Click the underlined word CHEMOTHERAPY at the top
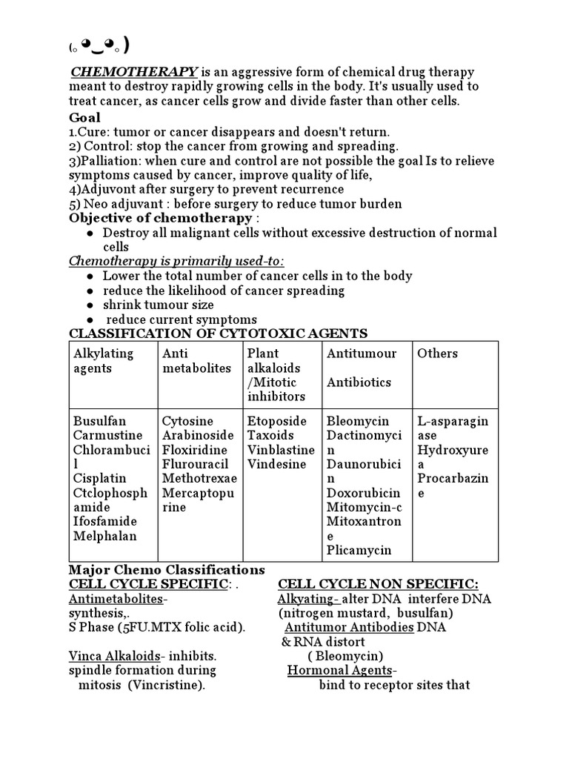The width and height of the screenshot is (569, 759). tap(134, 72)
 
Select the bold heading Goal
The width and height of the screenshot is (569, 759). tap(84, 117)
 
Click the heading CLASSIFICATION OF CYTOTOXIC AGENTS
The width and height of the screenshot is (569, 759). tap(219, 334)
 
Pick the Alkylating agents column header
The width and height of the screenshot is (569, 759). tap(103, 360)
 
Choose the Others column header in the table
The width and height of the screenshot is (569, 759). tap(437, 354)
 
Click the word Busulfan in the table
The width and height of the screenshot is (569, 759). tap(99, 421)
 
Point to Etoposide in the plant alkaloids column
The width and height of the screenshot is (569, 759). tap(276, 421)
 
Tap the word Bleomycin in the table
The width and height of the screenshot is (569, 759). tap(358, 421)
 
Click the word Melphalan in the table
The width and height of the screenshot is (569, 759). tap(104, 536)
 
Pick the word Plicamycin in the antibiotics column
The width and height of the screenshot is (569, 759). tap(359, 551)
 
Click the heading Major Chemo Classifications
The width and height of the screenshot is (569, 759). tap(167, 570)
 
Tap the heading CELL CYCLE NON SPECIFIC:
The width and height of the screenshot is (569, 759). tap(378, 584)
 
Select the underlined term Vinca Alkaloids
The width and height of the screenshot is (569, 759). tap(114, 656)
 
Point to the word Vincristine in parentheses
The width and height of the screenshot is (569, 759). tap(164, 685)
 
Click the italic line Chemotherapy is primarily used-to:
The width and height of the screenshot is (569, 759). tap(177, 261)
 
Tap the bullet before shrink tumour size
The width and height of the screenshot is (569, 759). tap(90, 305)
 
